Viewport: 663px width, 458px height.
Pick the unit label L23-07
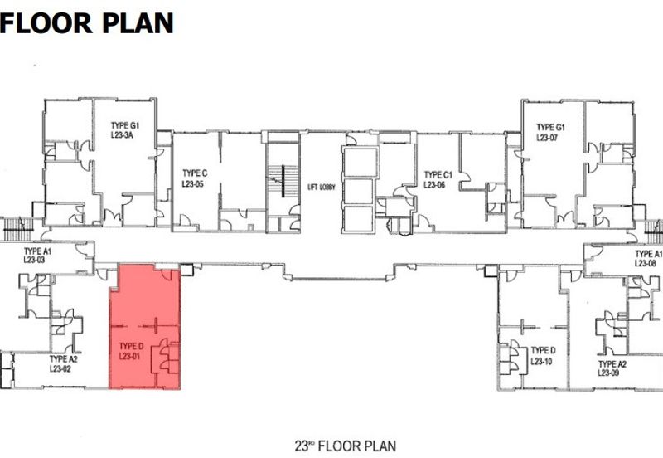tap(549, 137)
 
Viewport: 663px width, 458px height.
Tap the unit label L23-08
tap(646, 263)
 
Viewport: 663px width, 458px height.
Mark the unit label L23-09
tap(612, 373)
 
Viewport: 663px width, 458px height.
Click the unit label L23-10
tap(543, 361)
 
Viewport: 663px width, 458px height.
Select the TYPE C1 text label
tap(438, 175)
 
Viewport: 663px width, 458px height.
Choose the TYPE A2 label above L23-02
tap(63, 358)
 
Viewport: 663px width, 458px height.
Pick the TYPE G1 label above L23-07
tap(549, 127)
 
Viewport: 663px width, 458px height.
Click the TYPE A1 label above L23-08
tap(648, 254)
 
